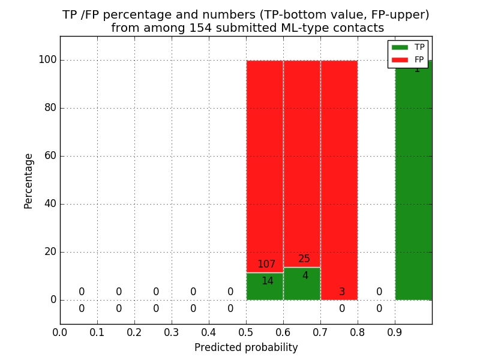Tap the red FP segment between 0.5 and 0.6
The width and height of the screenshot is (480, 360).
point(265,162)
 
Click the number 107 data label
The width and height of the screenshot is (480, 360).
point(266,265)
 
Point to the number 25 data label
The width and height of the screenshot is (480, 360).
point(304,259)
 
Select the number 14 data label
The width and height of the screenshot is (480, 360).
point(267,281)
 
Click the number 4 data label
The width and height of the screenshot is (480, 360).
point(305,276)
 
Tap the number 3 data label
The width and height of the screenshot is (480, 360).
point(342,292)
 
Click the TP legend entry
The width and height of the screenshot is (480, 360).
point(408,47)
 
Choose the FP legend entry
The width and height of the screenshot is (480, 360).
point(408,59)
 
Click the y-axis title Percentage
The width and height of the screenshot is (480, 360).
point(29,181)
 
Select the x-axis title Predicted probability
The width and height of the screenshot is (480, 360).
point(246,347)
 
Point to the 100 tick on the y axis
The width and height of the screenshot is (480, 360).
point(47,60)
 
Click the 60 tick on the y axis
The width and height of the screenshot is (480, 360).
point(50,156)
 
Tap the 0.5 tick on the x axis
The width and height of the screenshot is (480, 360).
point(246,332)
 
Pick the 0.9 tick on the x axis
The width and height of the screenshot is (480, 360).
point(395,332)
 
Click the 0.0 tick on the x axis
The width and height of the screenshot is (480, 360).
point(60,332)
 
